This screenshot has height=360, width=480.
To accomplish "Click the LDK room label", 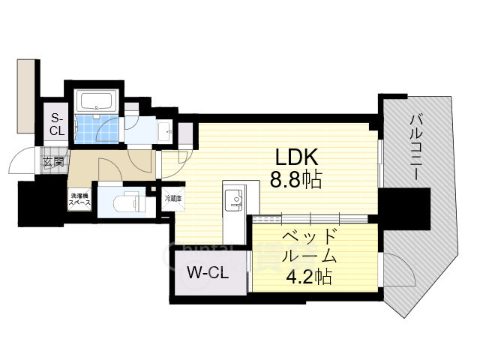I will pos(298,157).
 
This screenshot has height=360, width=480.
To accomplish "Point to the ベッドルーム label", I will pos(309,245).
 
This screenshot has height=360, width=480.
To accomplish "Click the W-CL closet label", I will pos(207,272).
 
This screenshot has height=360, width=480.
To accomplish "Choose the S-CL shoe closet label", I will pos(57,124).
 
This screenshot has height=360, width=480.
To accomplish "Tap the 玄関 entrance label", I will pos(53,160).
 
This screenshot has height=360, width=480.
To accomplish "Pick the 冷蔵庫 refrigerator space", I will pos(173,199).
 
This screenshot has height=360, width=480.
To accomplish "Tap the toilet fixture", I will pos(124,202).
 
